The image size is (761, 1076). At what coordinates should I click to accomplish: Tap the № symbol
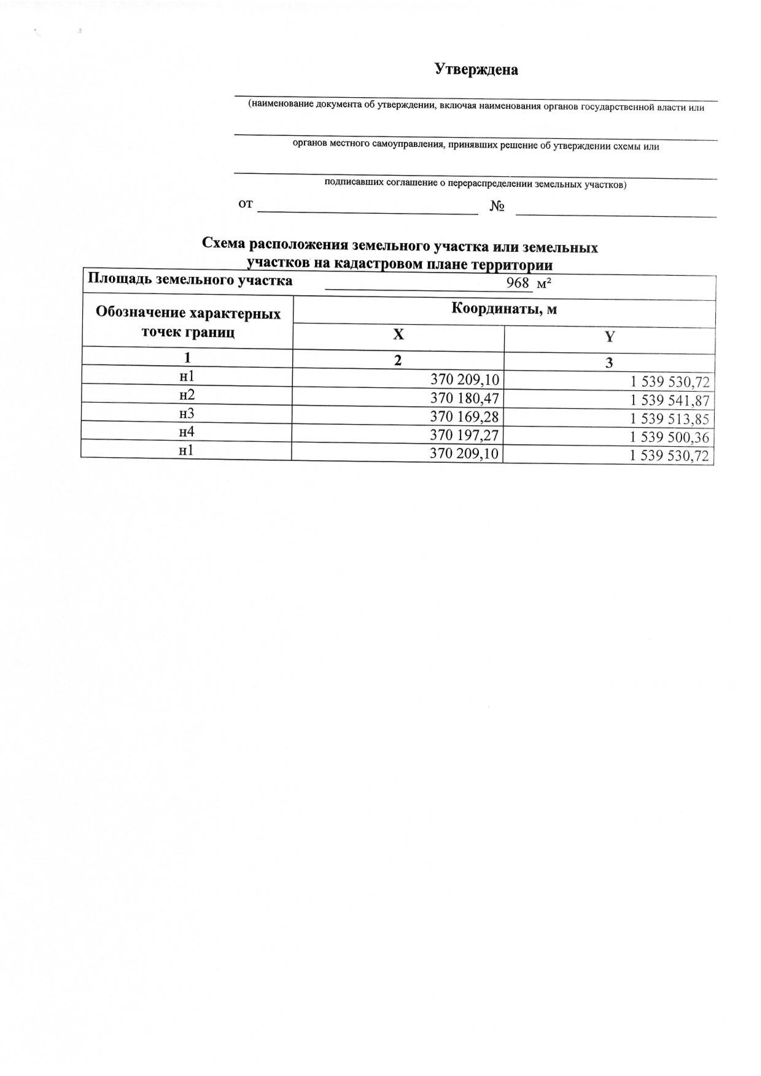coord(497,206)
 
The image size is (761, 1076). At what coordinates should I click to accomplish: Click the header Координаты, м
coord(504,309)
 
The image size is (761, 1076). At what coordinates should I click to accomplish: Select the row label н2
coord(187,395)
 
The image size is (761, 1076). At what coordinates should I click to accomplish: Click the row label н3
coord(187,413)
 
